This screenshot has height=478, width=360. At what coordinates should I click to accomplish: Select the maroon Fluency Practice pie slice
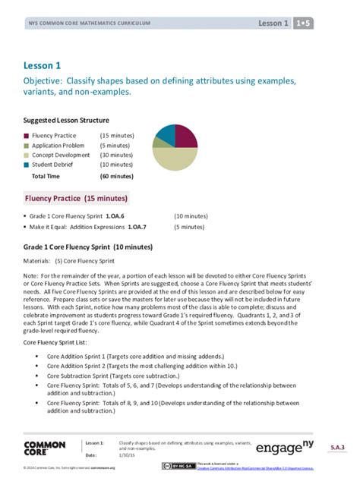point(185,136)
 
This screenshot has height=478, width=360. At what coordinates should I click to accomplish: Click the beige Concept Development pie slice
point(174,159)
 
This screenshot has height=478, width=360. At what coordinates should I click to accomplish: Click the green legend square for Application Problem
point(27,145)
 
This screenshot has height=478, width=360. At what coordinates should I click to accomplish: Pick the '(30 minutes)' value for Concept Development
point(116,155)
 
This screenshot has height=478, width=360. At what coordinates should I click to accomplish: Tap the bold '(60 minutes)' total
point(116,175)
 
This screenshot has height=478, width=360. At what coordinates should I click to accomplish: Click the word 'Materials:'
point(39,261)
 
